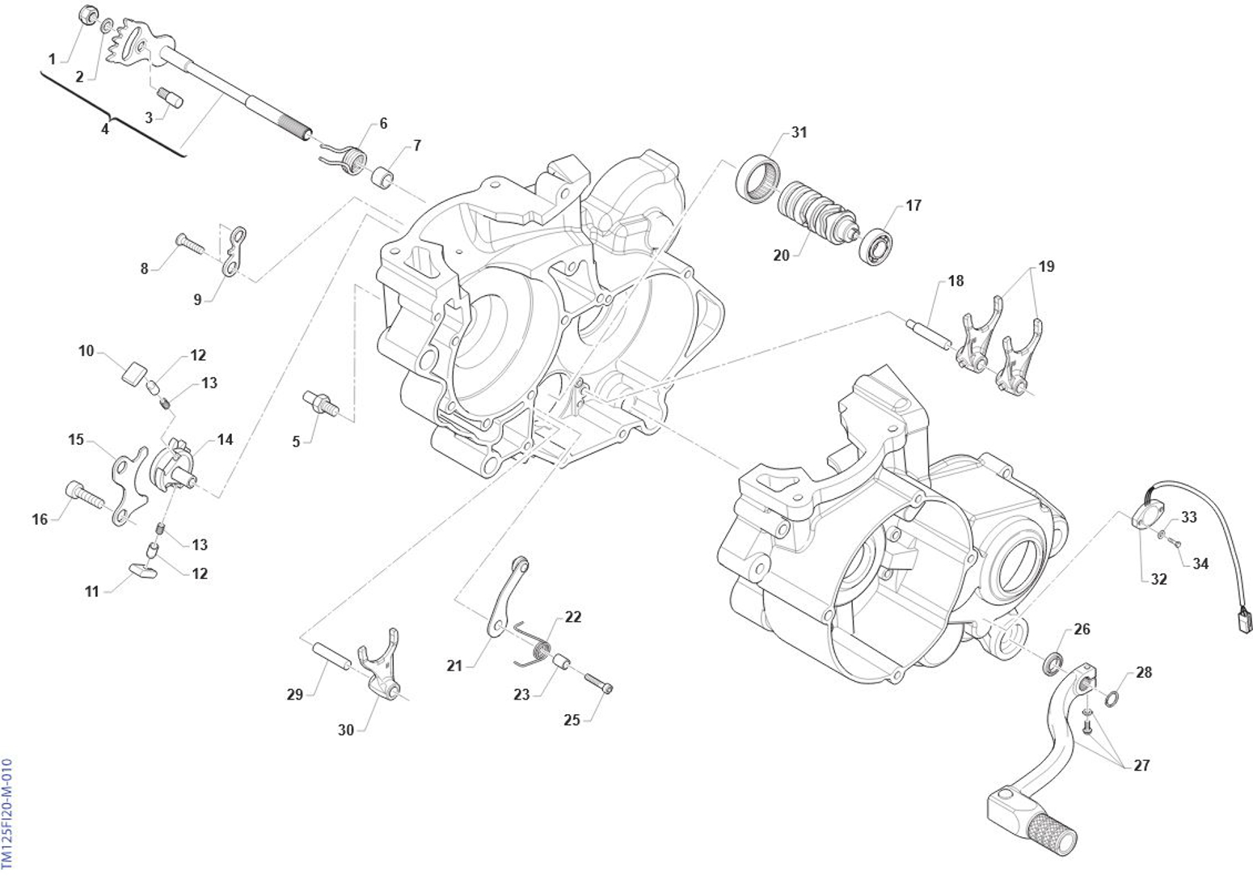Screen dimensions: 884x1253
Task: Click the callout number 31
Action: (x=799, y=132)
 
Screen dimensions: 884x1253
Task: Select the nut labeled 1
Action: (x=88, y=15)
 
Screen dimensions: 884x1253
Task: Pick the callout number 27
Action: (x=1141, y=765)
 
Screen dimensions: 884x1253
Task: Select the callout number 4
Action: (x=104, y=129)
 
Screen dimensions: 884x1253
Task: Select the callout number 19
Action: (x=1046, y=266)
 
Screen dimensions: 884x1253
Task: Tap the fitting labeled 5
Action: (x=320, y=401)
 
